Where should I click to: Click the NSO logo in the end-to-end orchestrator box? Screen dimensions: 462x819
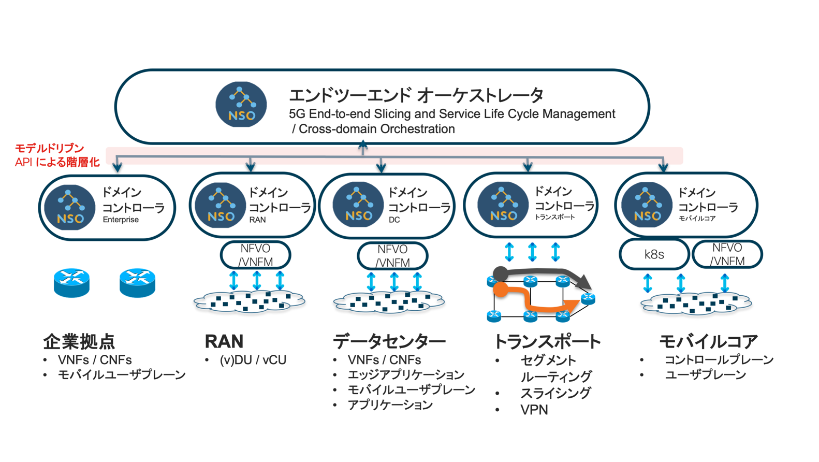click(241, 105)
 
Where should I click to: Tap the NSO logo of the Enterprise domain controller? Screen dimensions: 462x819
click(70, 208)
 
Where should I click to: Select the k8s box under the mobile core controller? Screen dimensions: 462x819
click(654, 254)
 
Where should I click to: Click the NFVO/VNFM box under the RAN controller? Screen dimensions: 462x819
click(255, 255)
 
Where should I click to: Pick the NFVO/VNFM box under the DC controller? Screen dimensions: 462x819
click(392, 256)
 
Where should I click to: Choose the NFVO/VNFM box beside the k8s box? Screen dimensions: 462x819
click(727, 254)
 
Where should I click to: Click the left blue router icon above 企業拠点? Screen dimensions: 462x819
click(71, 283)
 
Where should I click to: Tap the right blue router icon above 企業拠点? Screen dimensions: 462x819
click(137, 283)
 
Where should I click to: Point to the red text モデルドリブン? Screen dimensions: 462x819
click(49, 149)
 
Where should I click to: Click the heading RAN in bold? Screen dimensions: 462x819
click(224, 341)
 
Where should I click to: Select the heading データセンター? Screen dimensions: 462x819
click(389, 341)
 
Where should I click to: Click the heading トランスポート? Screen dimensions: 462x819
click(547, 341)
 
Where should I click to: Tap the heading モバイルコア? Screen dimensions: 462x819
click(708, 341)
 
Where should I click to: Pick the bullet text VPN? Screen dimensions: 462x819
click(534, 410)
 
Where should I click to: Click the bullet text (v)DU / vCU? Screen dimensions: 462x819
click(253, 360)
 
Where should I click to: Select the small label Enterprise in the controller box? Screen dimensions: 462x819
click(121, 220)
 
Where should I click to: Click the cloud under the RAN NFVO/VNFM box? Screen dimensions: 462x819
click(249, 301)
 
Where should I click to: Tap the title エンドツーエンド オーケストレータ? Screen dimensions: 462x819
click(416, 95)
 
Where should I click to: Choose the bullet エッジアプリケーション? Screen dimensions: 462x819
click(406, 374)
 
